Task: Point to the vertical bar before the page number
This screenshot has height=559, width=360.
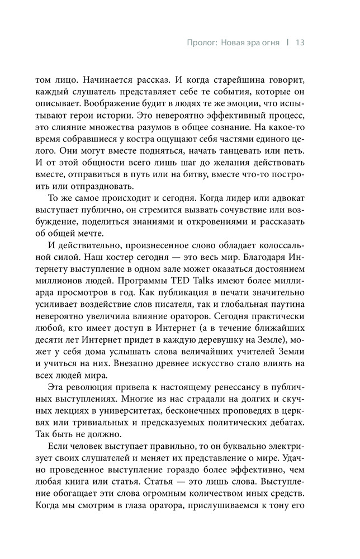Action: point(286,42)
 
